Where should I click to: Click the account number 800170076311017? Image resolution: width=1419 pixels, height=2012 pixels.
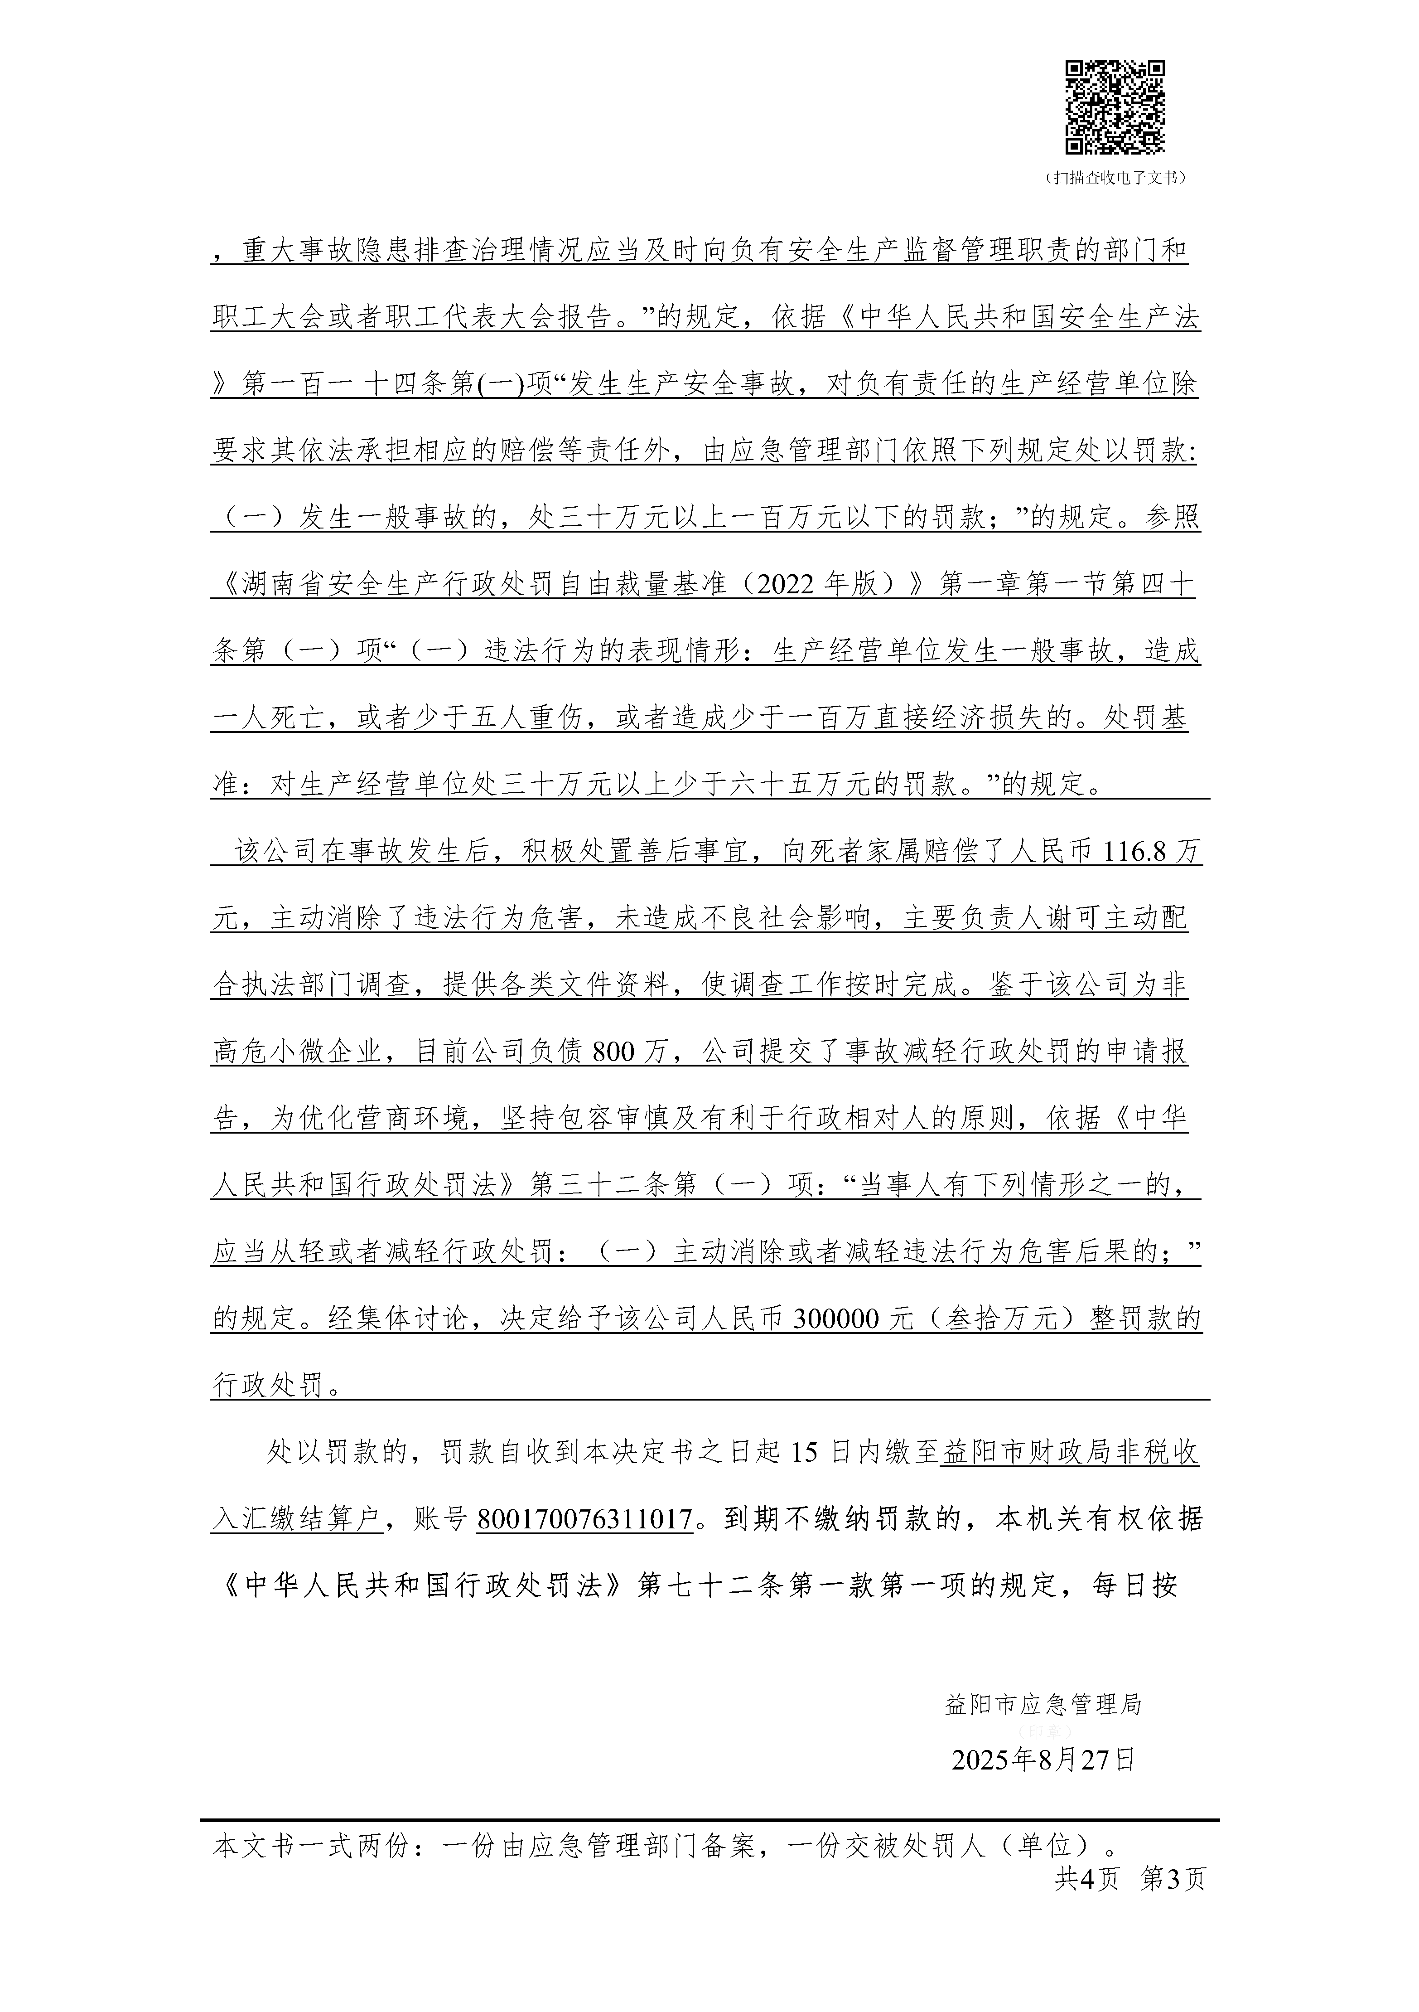584,1519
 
